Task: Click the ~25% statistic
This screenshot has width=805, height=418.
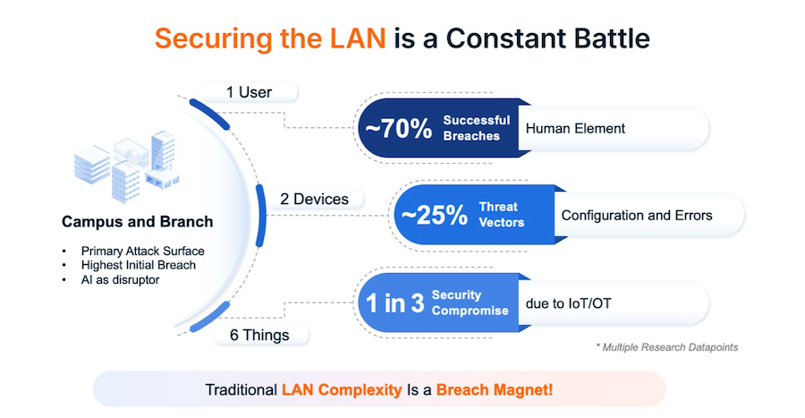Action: pos(432,215)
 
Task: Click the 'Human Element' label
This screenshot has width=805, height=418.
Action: pos(575,128)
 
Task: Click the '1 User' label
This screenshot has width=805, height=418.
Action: pos(249,92)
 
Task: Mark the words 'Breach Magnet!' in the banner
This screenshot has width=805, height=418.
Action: pos(495,390)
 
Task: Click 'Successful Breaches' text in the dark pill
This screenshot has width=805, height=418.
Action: pos(476,128)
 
